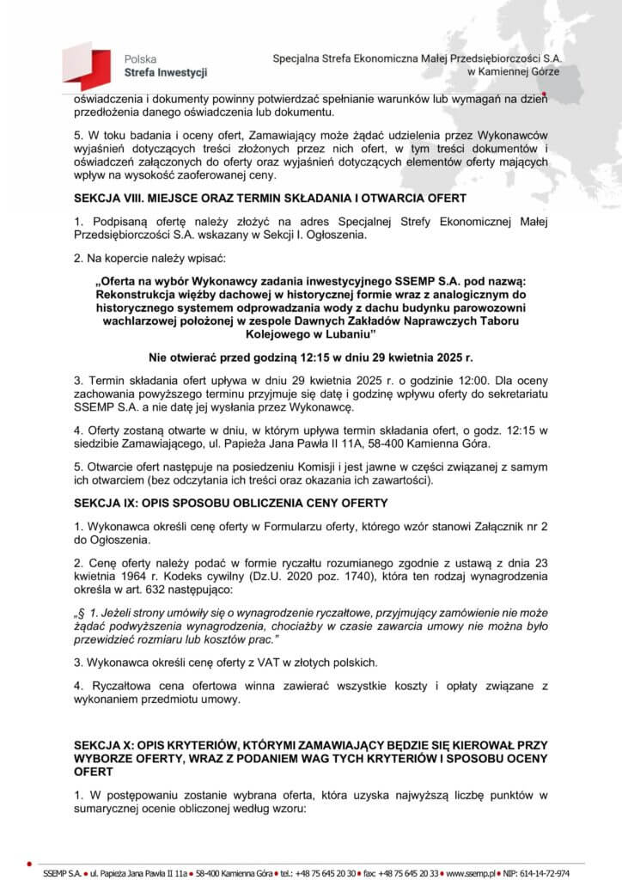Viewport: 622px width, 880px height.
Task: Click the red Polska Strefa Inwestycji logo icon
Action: click(x=85, y=66)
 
